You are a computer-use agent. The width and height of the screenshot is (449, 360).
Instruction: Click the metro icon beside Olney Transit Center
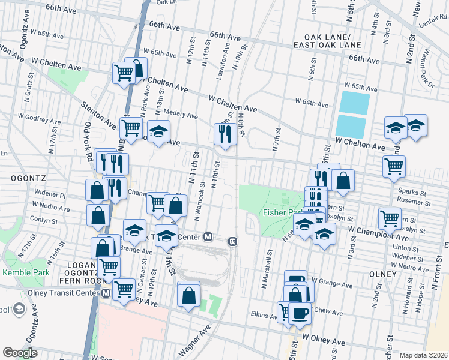click(x=106, y=293)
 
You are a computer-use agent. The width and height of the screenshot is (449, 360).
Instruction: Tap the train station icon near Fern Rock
click(x=232, y=241)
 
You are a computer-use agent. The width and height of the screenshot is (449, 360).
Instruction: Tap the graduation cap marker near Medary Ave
click(x=159, y=131)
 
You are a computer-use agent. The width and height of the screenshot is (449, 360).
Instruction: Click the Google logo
click(x=20, y=353)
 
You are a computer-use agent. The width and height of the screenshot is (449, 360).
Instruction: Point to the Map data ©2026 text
click(x=423, y=355)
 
